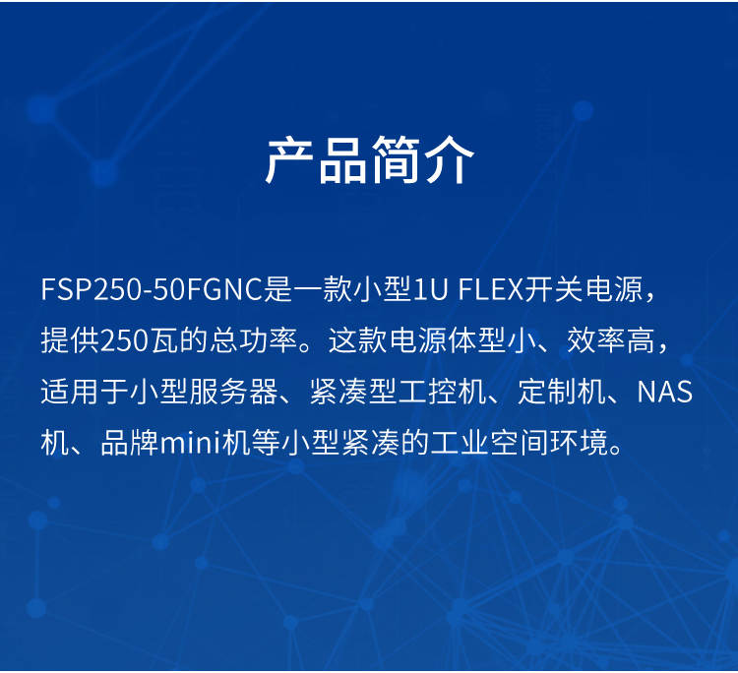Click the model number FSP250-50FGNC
click(x=151, y=288)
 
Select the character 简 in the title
click(x=396, y=160)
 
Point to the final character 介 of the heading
click(x=449, y=160)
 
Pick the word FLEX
click(x=490, y=288)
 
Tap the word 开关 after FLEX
click(x=553, y=288)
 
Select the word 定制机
click(x=562, y=391)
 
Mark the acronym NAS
click(x=664, y=392)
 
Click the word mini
click(x=191, y=443)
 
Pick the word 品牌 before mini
click(x=130, y=443)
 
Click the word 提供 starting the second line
click(x=70, y=339)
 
